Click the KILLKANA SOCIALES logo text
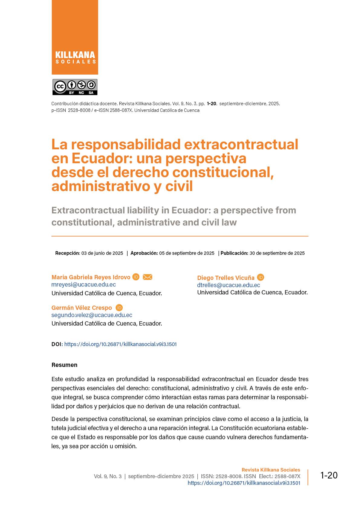75,57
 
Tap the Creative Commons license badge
75,87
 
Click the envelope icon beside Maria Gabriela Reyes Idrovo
148,277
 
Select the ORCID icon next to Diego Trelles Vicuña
261,277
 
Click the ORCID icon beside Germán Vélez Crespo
119,308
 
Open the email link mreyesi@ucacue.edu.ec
84,284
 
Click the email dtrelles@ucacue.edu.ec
229,285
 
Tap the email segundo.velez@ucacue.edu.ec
92,315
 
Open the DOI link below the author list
120,344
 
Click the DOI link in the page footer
244,483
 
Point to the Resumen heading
64,365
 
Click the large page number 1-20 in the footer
329,475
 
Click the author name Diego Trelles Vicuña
226,278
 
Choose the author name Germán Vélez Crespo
82,308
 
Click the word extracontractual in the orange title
241,144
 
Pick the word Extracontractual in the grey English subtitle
88,210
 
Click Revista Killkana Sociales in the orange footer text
271,470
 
